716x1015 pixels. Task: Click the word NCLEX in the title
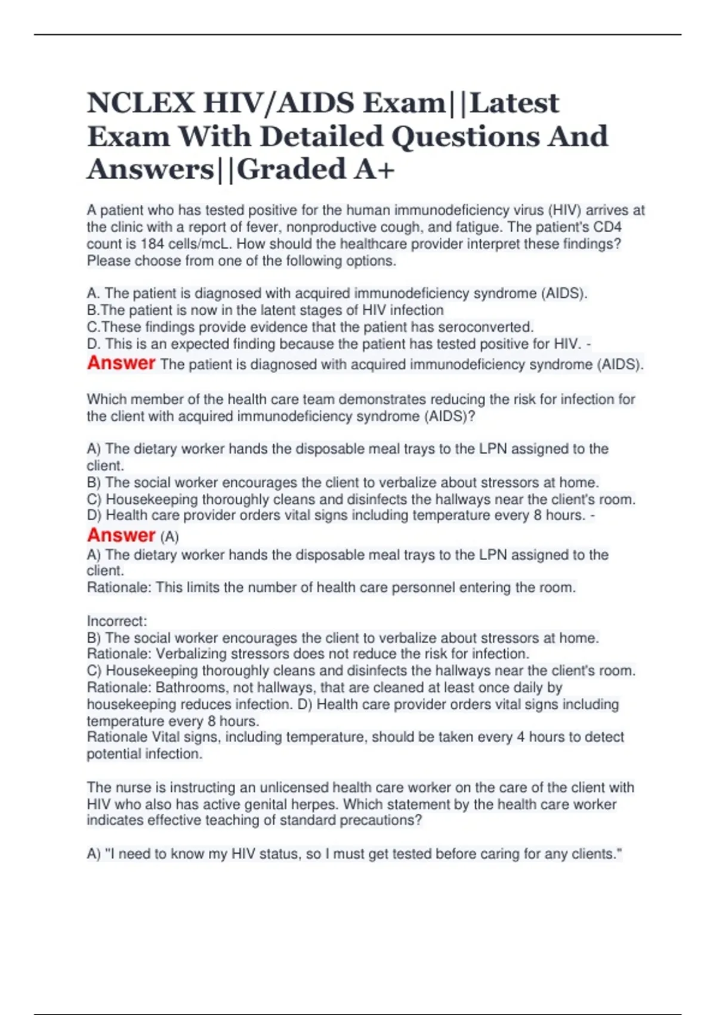pyautogui.click(x=140, y=103)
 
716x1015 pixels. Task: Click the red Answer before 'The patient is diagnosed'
pyautogui.click(x=121, y=363)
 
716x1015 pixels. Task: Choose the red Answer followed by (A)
pyautogui.click(x=121, y=536)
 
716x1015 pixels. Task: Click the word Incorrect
pyautogui.click(x=116, y=621)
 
